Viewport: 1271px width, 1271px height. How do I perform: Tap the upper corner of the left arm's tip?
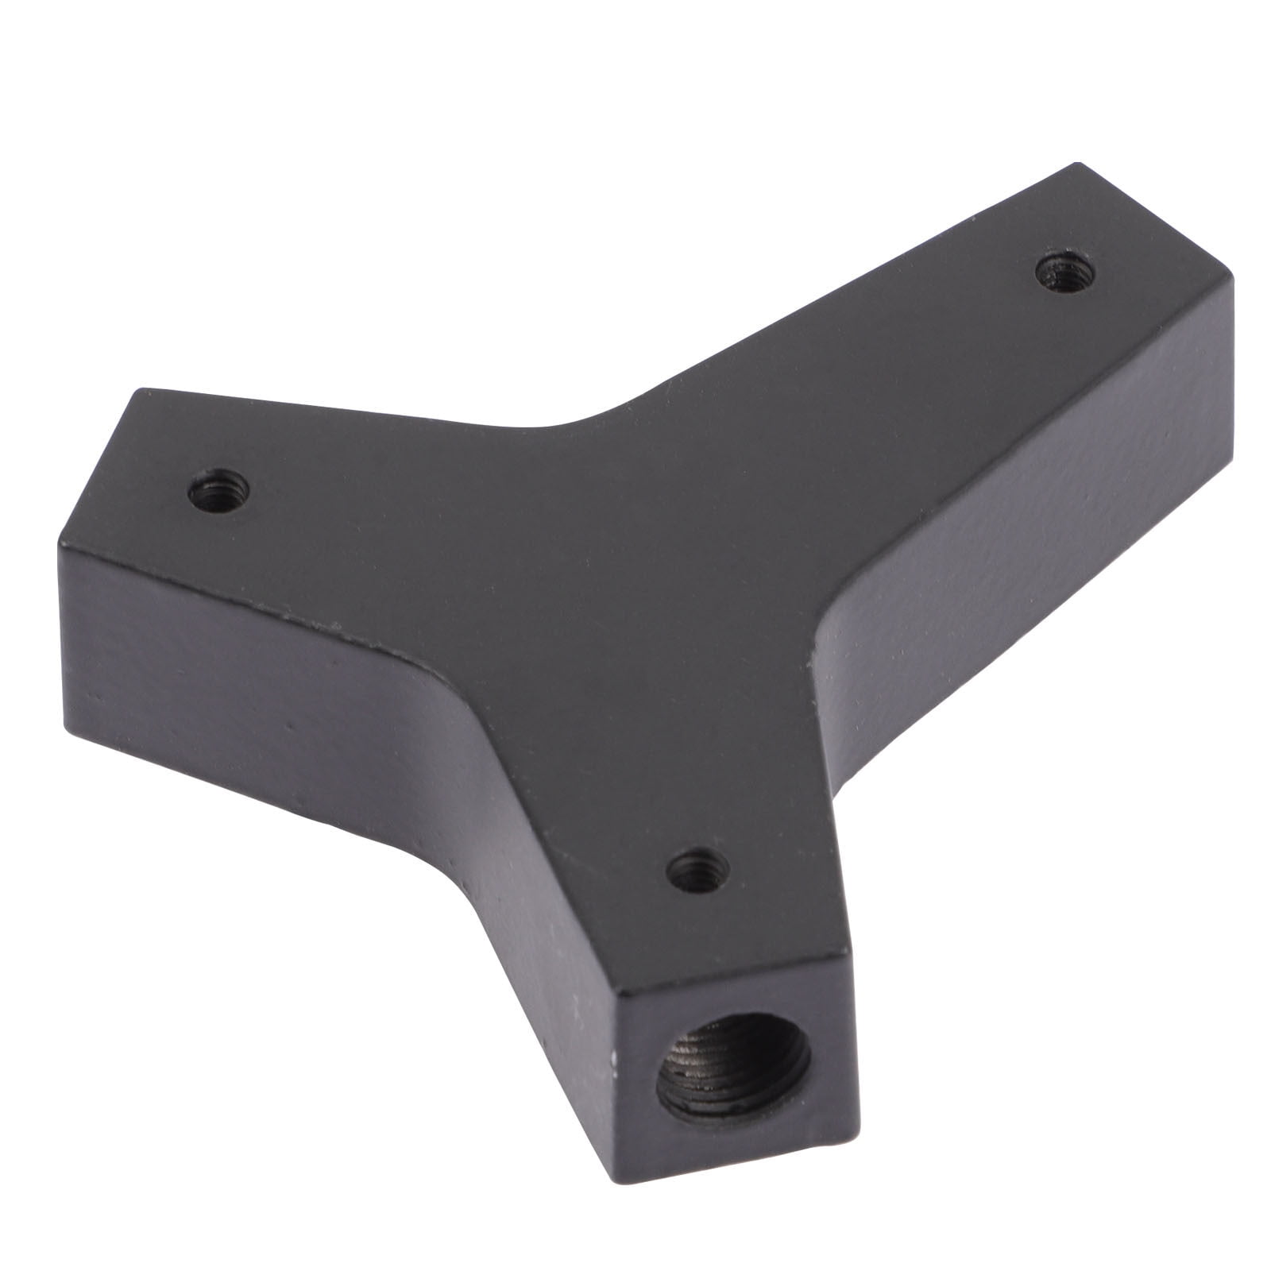click(141, 389)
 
